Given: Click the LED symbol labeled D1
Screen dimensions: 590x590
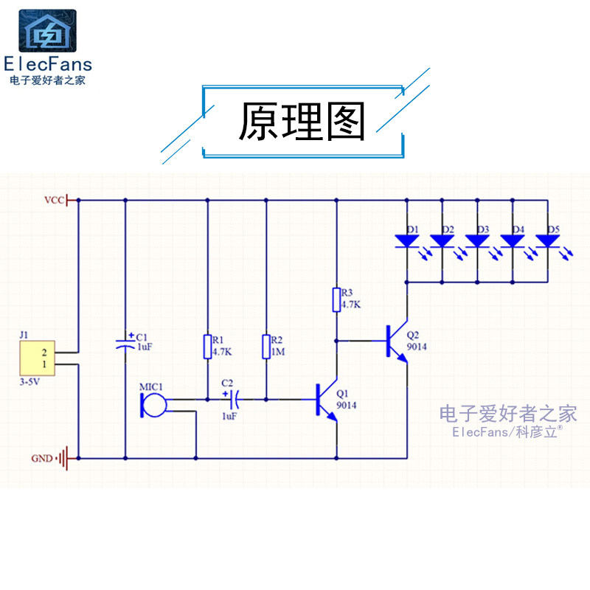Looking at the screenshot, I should coord(406,241).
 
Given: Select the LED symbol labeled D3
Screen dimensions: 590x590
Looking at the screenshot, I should coord(477,241).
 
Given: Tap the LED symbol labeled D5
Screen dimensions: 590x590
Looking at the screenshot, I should coord(548,241).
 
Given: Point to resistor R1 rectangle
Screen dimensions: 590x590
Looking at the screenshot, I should coord(207,347).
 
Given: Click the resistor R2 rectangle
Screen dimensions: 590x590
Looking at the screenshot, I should coord(266,347).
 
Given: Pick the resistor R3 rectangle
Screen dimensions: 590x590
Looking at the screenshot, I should coord(336,300).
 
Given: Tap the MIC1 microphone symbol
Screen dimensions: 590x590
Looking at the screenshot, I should coord(153,403).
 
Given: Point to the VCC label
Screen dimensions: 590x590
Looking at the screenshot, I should coord(54,200).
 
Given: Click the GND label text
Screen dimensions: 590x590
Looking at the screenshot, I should coord(41,458).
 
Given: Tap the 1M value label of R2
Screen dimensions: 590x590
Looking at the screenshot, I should coord(277,352).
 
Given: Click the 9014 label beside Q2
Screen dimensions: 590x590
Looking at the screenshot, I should coord(416,347).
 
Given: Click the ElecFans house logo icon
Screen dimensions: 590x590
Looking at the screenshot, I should coord(46,31).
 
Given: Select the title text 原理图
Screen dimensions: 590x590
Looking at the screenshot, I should coord(302,122).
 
